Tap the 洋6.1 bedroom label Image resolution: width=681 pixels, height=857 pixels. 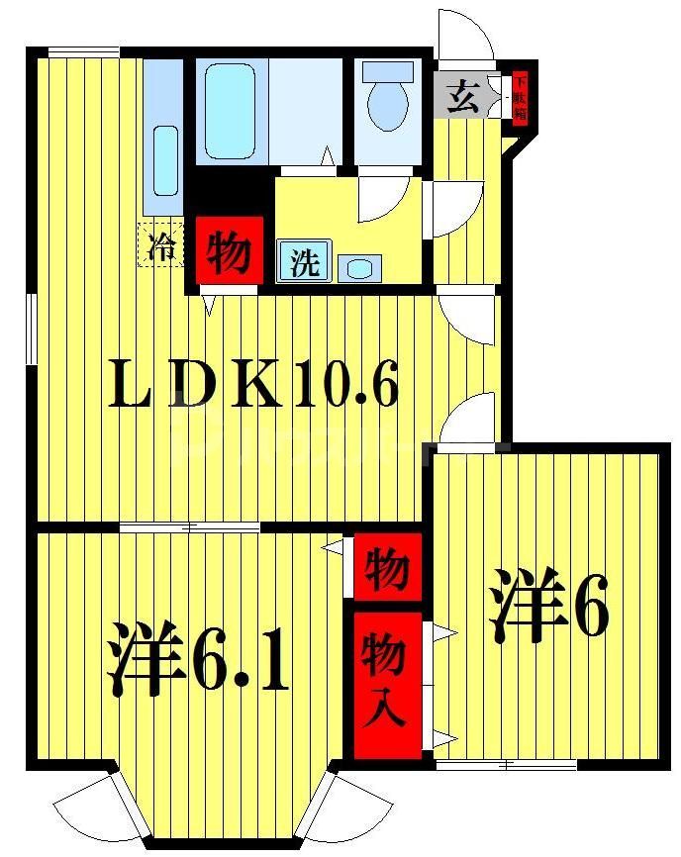tap(198, 658)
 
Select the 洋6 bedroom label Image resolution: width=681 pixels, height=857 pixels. tap(547, 605)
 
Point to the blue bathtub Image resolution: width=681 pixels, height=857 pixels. tap(232, 110)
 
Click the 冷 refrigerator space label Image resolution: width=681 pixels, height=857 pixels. tap(158, 246)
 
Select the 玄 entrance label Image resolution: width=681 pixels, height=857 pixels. tap(461, 97)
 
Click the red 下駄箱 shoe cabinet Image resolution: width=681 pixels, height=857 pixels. tap(520, 99)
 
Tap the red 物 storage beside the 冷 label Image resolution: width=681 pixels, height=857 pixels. tap(229, 252)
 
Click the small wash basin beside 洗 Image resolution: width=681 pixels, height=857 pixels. tap(359, 267)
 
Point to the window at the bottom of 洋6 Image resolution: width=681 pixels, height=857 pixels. tap(506, 764)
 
